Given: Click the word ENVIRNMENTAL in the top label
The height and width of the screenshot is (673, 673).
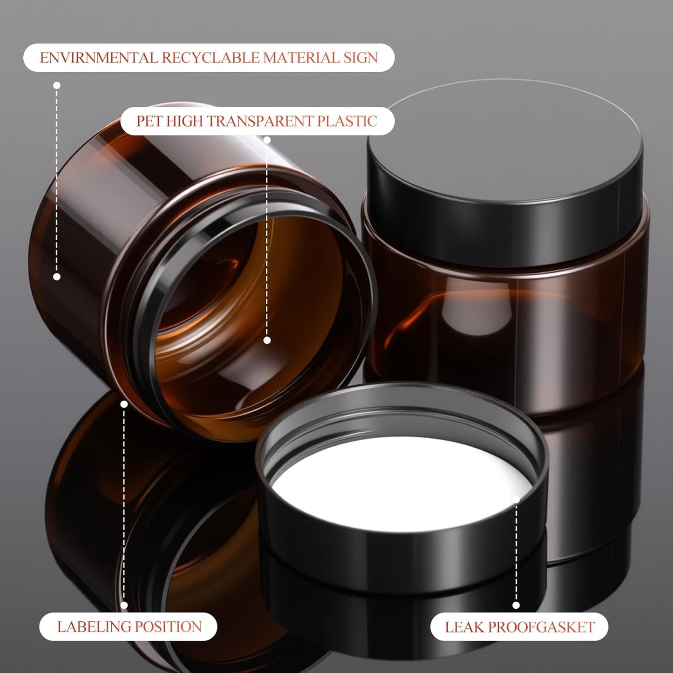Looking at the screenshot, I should coord(99,58).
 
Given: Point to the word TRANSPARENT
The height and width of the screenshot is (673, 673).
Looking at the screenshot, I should coord(260,121).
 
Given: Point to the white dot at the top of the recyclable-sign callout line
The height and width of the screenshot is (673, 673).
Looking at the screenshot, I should coord(57,85).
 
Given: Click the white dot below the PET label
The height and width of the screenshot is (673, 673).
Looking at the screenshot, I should coord(267,140).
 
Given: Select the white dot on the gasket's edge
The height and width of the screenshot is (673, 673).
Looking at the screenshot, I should coord(516,500).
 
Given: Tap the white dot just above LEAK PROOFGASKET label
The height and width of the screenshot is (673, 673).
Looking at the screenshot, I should coord(516,605).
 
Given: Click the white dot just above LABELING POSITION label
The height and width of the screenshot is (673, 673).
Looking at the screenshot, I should coord(124,605).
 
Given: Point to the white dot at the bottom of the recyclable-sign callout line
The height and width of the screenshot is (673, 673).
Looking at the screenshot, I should coord(57,277).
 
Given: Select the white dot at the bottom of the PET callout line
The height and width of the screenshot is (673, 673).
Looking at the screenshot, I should coord(267,340).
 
